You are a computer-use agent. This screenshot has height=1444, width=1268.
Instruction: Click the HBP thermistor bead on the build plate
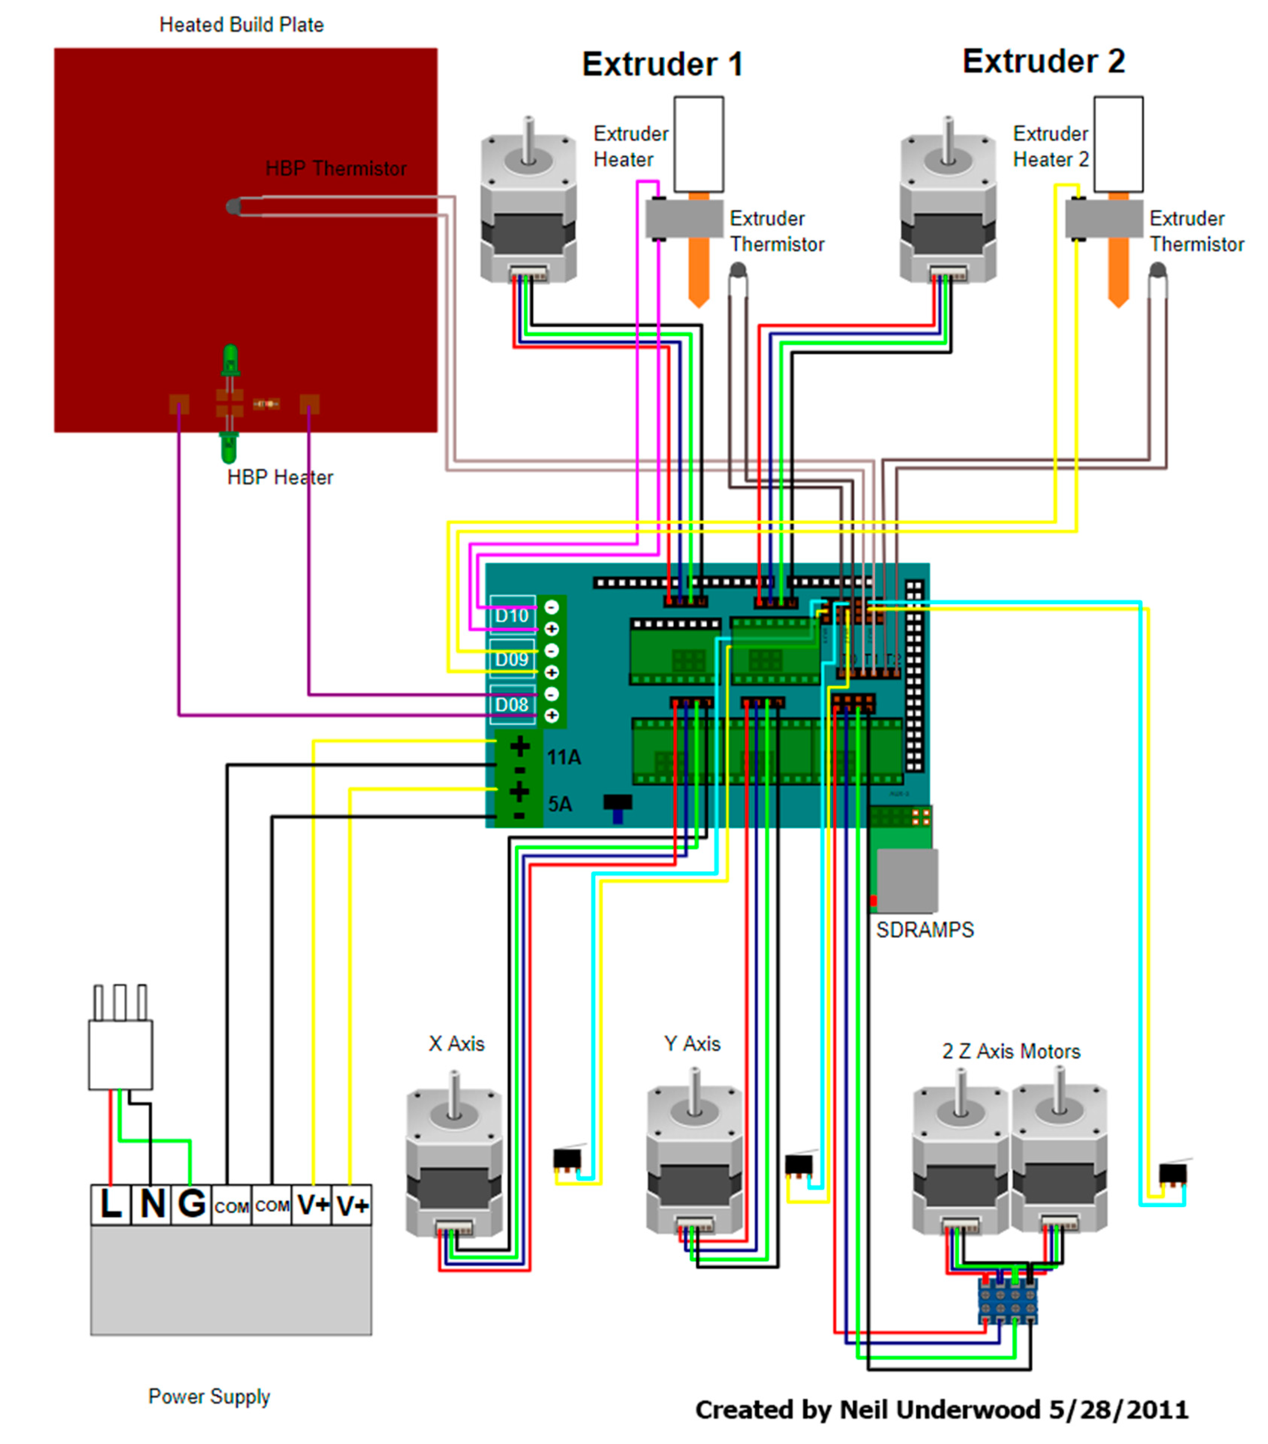click(x=232, y=206)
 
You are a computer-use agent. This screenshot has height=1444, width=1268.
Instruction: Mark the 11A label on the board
click(x=564, y=757)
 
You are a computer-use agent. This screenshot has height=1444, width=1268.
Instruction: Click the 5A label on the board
click(x=560, y=804)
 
